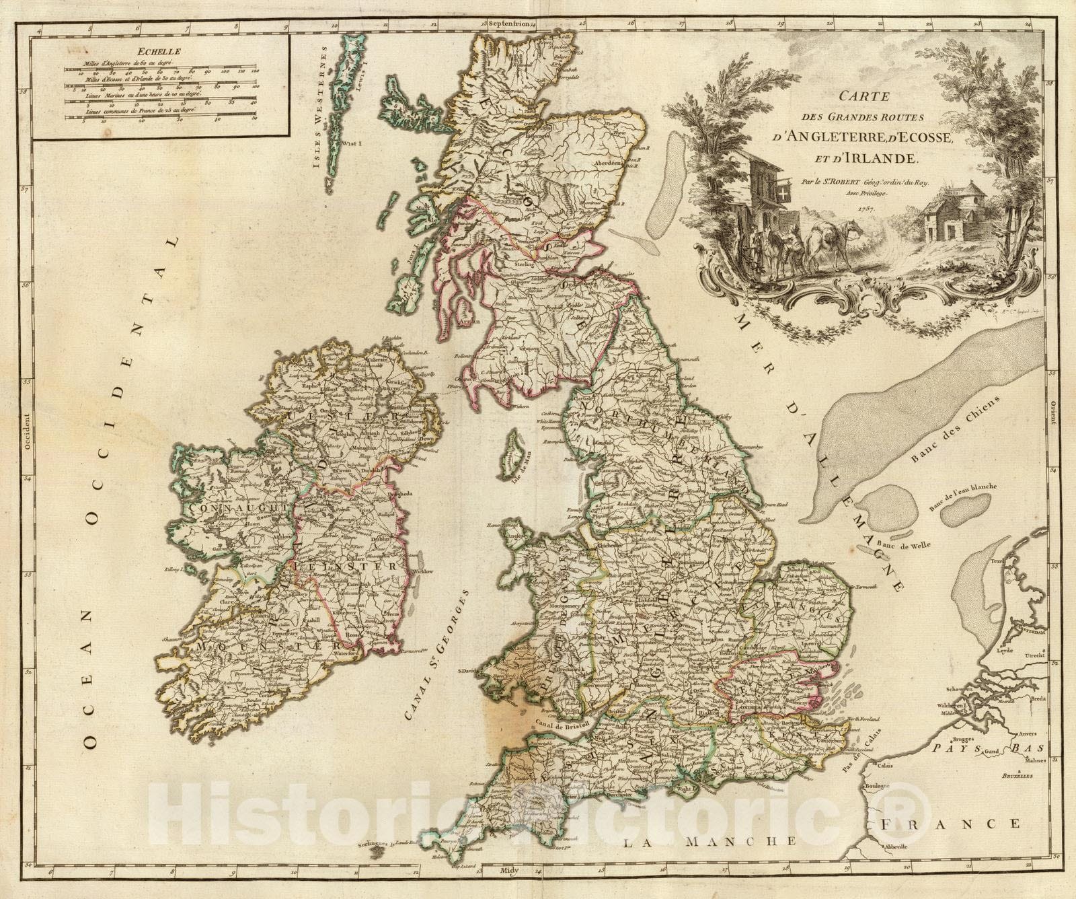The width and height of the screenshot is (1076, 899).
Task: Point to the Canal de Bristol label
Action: pyautogui.click(x=553, y=722)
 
